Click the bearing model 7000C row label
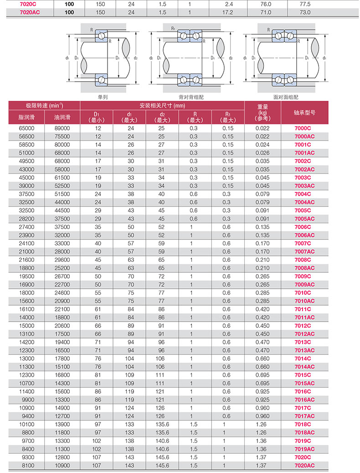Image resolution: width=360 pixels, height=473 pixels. pyautogui.click(x=303, y=129)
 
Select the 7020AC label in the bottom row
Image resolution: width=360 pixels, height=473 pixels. pyautogui.click(x=304, y=465)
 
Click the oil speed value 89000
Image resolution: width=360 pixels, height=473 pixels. pyautogui.click(x=62, y=129)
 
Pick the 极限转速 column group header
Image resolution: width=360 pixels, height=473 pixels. pyautogui.click(x=44, y=105)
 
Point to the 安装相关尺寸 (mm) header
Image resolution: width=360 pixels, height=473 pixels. pyautogui.click(x=162, y=105)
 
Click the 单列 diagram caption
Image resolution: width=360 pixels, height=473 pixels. pyautogui.click(x=103, y=97)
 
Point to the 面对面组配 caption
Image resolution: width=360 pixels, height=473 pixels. pyautogui.click(x=285, y=97)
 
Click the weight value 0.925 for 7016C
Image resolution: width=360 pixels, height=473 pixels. pyautogui.click(x=262, y=391)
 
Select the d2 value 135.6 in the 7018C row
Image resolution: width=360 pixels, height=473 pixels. pyautogui.click(x=162, y=424)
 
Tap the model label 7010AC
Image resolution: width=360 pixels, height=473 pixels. pyautogui.click(x=304, y=301)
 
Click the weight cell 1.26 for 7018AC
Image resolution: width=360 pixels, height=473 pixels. pyautogui.click(x=262, y=432)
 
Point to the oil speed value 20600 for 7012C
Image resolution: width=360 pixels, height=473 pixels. pyautogui.click(x=62, y=326)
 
